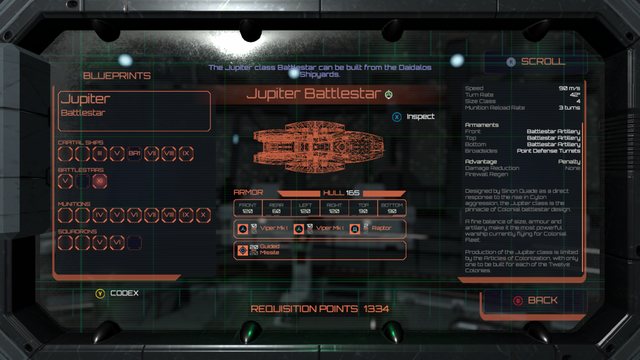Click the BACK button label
pos(543,299)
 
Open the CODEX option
pos(124,293)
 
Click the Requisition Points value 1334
pos(369,309)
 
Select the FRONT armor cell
pos(247,207)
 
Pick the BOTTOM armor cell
pos(393,207)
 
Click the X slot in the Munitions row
pos(203,214)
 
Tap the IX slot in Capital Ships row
pos(185,153)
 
